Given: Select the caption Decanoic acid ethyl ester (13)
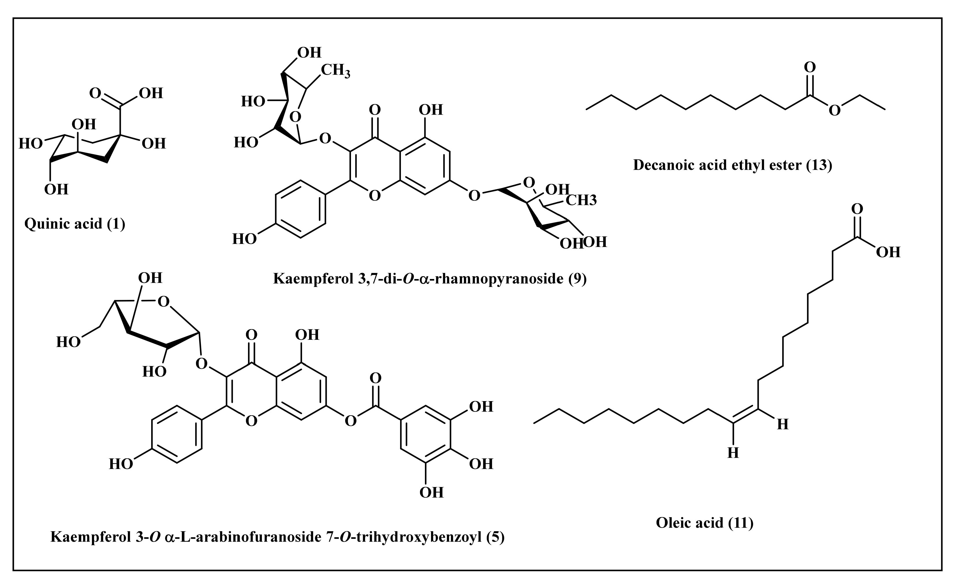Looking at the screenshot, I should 733,165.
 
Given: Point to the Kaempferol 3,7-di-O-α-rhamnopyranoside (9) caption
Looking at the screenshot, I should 430,278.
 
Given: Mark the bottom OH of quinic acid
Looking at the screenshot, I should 56,189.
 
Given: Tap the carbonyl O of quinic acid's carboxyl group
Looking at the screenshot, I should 95,93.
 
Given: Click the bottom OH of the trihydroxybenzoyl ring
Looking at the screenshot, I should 432,492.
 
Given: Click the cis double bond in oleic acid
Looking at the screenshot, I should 745,416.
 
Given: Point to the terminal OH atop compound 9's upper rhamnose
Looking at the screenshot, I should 310,53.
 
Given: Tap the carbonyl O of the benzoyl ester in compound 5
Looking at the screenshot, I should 375,378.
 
